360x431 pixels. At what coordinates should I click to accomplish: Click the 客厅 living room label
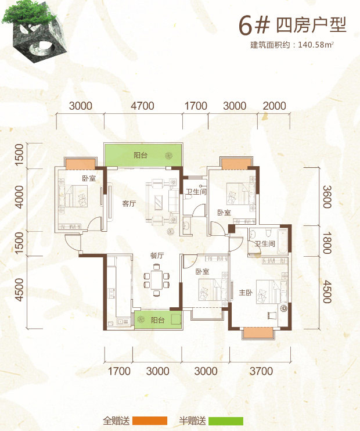click(x=129, y=204)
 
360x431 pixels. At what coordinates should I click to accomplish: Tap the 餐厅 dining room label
click(x=157, y=256)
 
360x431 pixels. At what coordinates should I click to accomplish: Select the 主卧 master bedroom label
click(x=246, y=293)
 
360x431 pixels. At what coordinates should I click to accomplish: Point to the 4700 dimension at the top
click(x=142, y=106)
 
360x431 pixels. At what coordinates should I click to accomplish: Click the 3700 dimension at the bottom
click(x=261, y=371)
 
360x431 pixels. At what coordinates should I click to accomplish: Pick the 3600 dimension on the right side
click(x=327, y=197)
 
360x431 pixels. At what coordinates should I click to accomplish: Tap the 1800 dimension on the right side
click(x=327, y=242)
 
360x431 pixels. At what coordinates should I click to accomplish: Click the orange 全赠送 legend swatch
click(x=150, y=421)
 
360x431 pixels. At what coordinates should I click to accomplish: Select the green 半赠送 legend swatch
click(x=226, y=421)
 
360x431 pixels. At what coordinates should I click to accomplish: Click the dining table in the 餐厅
click(x=156, y=280)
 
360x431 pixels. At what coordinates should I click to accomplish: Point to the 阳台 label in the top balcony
click(x=141, y=155)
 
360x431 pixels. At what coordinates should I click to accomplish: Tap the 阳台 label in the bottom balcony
click(x=157, y=320)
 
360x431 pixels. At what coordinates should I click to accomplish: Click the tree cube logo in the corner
click(x=34, y=31)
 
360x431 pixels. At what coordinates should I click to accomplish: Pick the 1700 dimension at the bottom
click(x=118, y=371)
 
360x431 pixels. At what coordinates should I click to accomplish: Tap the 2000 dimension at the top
click(x=274, y=106)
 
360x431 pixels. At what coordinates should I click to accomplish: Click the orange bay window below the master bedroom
click(x=258, y=332)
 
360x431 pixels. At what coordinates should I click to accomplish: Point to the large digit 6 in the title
click(x=245, y=26)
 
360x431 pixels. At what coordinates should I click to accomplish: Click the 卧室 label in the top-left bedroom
click(x=89, y=178)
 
